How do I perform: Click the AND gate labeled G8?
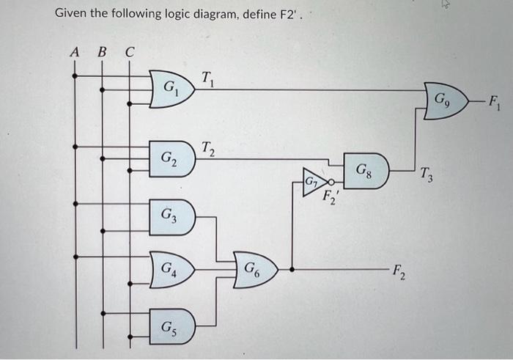point(364,173)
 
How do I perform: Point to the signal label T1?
point(208,76)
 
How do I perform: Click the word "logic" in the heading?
point(150,14)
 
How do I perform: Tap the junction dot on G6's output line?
point(292,268)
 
